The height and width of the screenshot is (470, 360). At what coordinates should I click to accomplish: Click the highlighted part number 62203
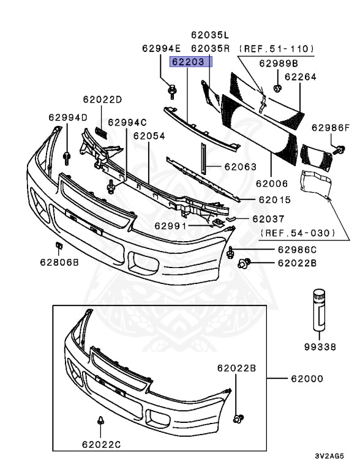(191, 62)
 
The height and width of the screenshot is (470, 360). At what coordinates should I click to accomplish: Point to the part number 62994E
(162, 48)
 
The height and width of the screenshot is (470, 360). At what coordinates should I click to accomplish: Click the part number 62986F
(331, 128)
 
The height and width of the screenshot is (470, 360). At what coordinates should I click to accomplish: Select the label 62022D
(103, 99)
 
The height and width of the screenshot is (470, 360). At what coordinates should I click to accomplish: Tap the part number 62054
(149, 135)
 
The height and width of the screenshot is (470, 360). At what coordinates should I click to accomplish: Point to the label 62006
(272, 182)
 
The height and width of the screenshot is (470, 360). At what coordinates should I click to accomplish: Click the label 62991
(169, 225)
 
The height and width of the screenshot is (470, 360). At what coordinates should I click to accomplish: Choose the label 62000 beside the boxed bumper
(306, 379)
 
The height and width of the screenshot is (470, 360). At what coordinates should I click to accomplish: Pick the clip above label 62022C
(99, 421)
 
